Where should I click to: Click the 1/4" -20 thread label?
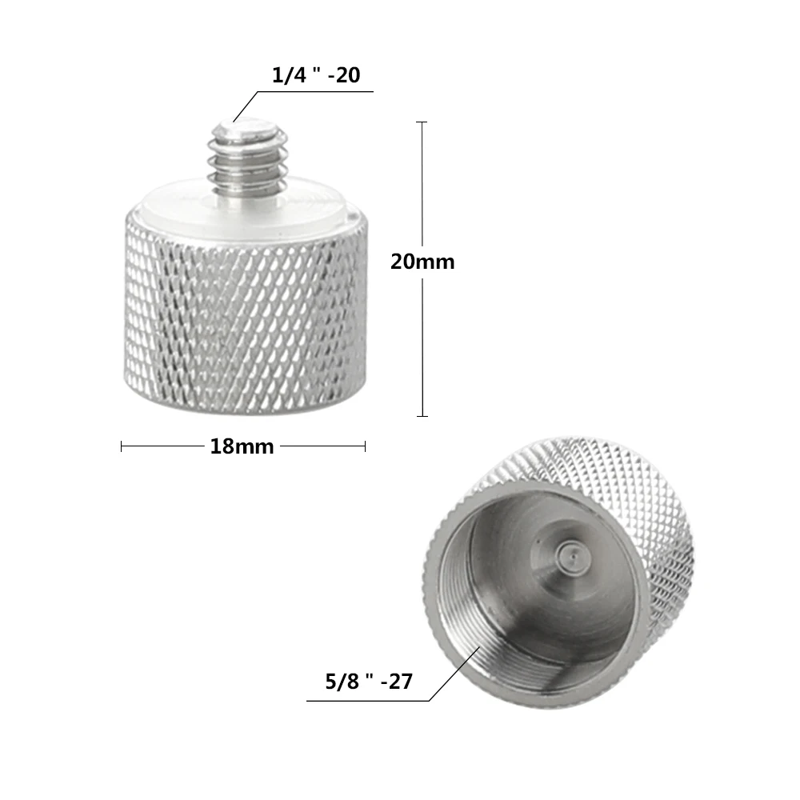click(316, 76)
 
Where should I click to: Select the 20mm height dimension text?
click(422, 262)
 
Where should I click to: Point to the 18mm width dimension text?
click(242, 446)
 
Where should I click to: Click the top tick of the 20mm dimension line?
click(422, 122)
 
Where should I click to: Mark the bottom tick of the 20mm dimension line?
click(422, 416)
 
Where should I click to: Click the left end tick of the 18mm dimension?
click(122, 446)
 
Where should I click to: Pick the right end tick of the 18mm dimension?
click(365, 446)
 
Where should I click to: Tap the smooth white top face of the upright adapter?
click(304, 200)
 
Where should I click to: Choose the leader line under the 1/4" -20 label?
click(320, 91)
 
